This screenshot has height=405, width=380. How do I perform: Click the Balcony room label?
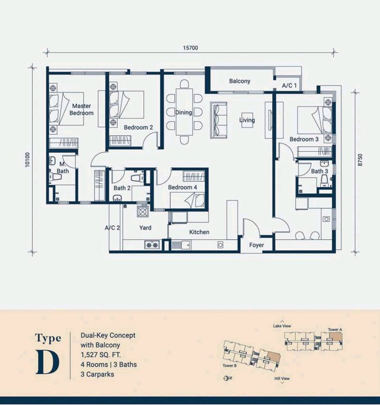coord(239,81)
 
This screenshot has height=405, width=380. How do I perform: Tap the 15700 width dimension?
coord(190,48)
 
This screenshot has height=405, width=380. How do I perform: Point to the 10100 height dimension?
coord(28,160)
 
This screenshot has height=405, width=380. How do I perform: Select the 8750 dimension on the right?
coord(360,160)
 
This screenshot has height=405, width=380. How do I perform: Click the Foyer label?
coord(256,245)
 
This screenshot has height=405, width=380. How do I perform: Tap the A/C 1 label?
coord(289,85)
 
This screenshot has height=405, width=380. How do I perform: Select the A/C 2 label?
coord(112,228)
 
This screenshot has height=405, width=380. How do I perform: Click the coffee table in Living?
coord(247,120)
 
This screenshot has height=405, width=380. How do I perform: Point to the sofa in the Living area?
coord(218,120)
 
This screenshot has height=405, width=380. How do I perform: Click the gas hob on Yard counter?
coord(152,245)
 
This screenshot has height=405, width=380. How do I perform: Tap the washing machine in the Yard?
coord(142,212)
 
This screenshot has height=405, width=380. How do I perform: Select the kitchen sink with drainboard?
coord(180,245)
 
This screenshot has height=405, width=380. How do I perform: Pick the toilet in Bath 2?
coord(137,178)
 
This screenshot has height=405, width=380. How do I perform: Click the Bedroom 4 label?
coord(182,187)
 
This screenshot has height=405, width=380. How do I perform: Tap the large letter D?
coord(47,362)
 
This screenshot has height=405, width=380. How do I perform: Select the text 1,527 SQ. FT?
coord(101,355)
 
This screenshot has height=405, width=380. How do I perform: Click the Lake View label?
coord(282,326)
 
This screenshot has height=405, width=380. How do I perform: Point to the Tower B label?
coord(230,366)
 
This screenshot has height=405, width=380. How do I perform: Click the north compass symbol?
coord(227,378)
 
